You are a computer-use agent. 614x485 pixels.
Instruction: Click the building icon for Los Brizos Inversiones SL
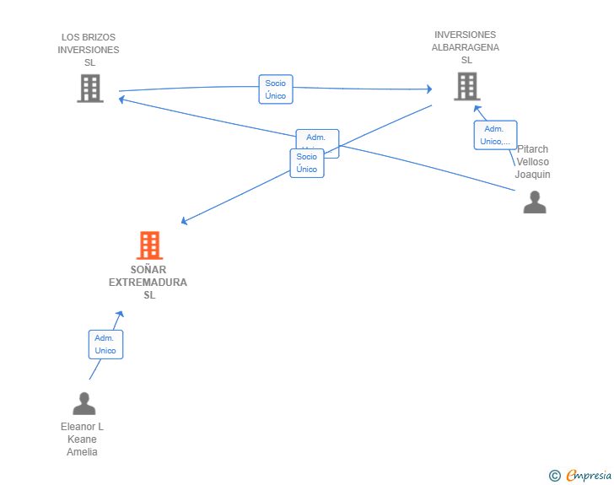point(90,89)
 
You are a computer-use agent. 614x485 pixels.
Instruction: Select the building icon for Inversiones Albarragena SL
point(466,86)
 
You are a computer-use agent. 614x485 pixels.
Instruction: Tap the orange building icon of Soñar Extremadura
point(149,245)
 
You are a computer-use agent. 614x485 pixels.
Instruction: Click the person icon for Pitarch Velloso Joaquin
point(535,202)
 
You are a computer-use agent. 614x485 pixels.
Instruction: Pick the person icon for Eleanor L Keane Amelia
point(83,404)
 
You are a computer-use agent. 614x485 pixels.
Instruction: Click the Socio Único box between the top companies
point(276,89)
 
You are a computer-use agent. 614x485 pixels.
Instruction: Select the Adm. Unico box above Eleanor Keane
point(105,344)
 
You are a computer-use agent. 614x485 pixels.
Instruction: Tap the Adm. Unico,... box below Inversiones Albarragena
point(494,135)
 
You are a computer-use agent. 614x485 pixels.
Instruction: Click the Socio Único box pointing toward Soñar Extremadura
point(307,163)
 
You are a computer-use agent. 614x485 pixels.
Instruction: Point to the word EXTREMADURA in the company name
point(148,283)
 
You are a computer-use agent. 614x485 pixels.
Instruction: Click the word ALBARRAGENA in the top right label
point(466,47)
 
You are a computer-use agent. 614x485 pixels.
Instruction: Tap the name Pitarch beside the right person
point(532,149)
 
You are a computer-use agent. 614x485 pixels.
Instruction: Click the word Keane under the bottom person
point(83,439)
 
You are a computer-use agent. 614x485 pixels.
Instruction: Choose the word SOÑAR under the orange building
point(148,270)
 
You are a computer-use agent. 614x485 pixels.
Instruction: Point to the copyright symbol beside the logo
point(554,476)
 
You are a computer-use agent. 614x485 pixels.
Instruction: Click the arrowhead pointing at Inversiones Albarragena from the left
point(429,89)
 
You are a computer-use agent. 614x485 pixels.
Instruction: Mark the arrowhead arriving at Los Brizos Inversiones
point(121,99)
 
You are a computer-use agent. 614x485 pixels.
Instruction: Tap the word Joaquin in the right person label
point(532,175)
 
